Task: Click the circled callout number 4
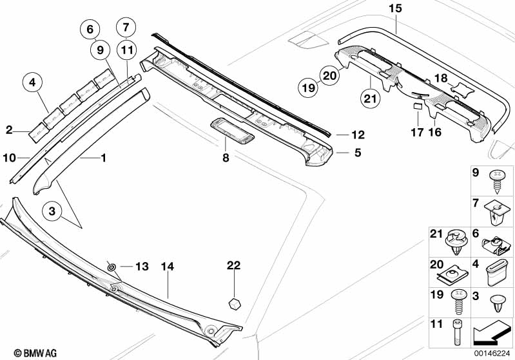[32, 82]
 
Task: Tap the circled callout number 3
[52, 211]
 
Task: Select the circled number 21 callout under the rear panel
[370, 98]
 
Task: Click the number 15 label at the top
[395, 8]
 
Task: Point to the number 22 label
[233, 265]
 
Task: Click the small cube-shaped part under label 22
[234, 303]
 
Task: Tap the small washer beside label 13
[112, 267]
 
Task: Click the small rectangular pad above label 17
[418, 106]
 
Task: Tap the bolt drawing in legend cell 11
[456, 332]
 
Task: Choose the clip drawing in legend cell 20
[452, 276]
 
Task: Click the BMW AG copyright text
[35, 353]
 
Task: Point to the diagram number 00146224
[492, 354]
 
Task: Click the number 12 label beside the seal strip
[358, 135]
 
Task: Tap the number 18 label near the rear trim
[441, 78]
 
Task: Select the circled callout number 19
[308, 88]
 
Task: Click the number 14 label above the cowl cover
[168, 266]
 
